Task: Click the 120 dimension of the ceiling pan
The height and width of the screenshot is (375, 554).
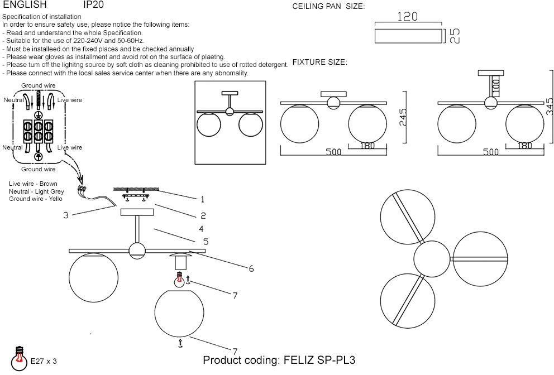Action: [407, 17]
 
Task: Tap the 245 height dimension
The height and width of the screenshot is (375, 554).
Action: [403, 118]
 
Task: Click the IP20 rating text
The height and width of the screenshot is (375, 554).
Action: [93, 4]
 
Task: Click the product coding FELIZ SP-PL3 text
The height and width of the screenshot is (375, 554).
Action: [279, 360]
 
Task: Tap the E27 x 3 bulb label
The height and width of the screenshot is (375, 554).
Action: [44, 362]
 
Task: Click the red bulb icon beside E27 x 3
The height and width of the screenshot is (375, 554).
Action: [20, 355]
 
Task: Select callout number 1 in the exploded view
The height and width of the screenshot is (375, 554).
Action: [203, 199]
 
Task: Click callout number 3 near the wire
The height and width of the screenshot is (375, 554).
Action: [65, 215]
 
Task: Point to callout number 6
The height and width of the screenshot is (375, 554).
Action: [251, 269]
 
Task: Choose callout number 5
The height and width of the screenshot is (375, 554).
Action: [206, 242]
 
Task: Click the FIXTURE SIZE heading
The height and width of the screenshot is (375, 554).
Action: [319, 62]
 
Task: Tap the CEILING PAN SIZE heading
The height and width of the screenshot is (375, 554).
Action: [328, 7]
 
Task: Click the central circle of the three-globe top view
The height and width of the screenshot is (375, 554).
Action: [432, 259]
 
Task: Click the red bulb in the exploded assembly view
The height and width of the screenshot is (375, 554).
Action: [180, 280]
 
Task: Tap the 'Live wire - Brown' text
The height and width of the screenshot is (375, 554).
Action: [33, 184]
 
